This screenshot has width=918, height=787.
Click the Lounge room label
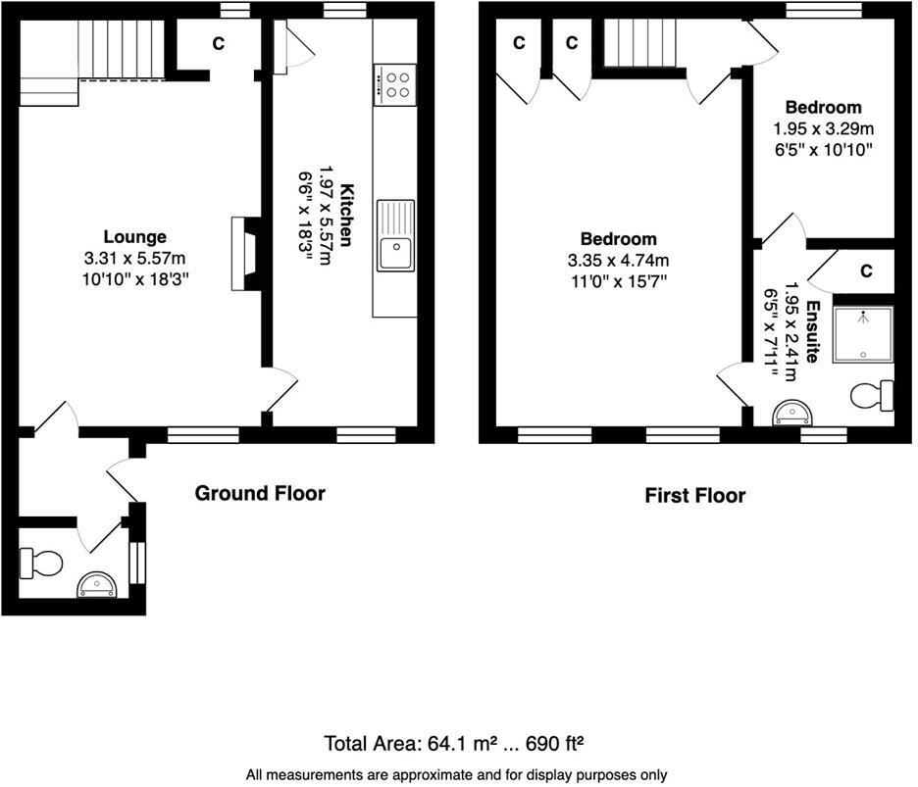[x=135, y=236]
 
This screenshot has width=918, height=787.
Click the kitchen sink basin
[x=396, y=251]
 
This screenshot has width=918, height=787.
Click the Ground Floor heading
[x=260, y=492]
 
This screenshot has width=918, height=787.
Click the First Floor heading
[x=694, y=495]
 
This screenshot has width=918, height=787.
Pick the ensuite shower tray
[x=863, y=334]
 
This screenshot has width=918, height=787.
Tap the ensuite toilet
[x=872, y=396]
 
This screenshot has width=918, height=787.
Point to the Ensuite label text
[x=812, y=332]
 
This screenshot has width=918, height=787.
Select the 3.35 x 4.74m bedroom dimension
[x=618, y=261]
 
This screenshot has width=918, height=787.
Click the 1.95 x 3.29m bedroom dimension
[x=823, y=128]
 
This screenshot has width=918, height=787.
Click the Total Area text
[x=455, y=742]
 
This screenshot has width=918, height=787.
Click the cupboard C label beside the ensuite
[x=866, y=271]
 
